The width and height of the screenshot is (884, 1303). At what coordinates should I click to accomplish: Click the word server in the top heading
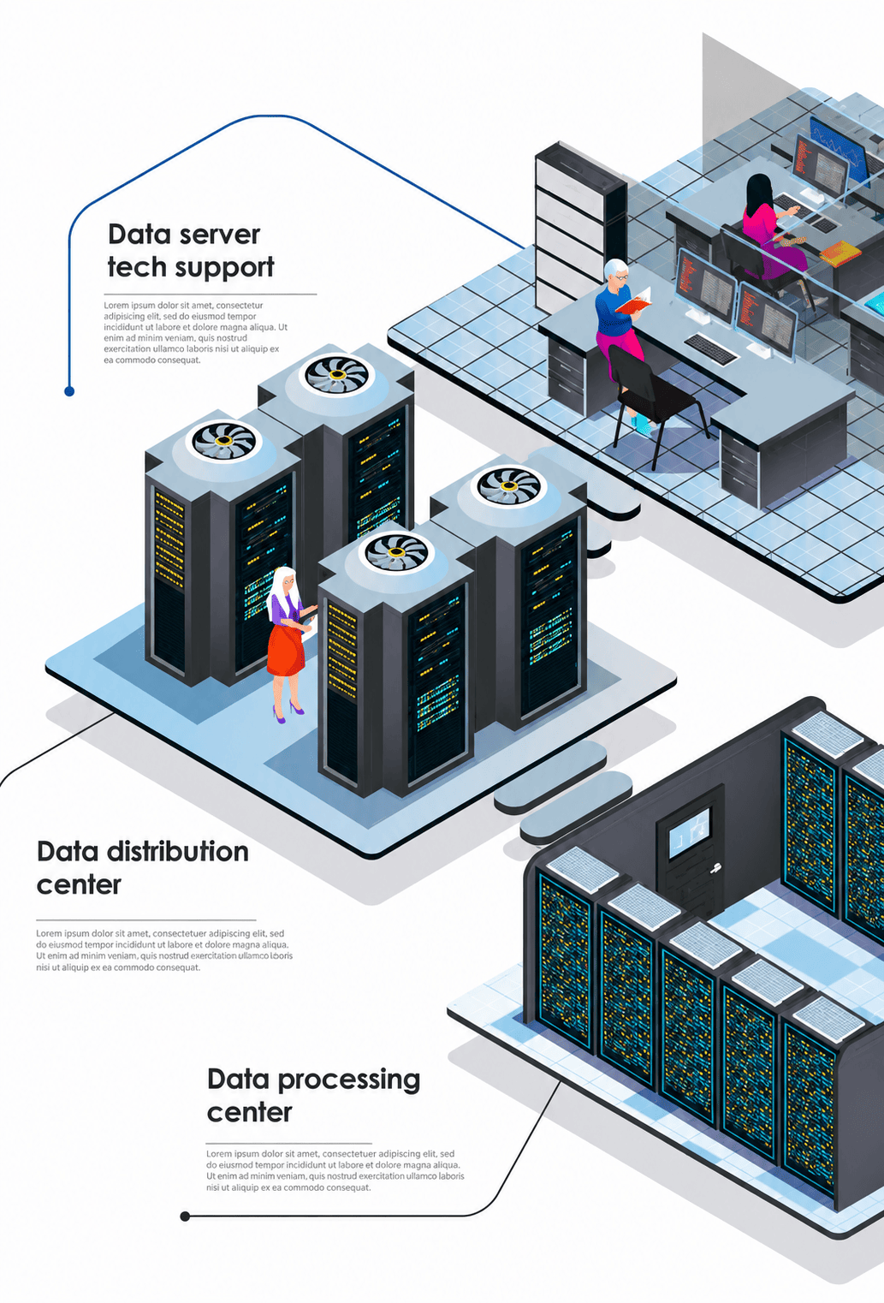(x=219, y=235)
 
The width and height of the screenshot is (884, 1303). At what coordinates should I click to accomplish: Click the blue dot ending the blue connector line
(x=69, y=391)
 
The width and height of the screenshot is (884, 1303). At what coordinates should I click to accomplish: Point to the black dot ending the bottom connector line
(x=185, y=1216)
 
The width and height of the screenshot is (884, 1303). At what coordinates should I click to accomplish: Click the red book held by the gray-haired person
(x=634, y=301)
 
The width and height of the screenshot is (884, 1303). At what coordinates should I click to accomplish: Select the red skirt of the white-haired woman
(x=286, y=651)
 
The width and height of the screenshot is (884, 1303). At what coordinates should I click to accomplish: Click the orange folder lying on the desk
(x=840, y=253)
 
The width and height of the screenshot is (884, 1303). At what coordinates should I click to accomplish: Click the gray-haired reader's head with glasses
(x=616, y=272)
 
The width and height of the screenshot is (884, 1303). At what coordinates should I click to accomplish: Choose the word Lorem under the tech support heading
(x=116, y=306)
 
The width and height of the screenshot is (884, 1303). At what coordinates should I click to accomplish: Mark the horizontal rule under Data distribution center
(x=146, y=919)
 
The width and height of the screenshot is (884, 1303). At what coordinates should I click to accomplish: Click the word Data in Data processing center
(x=238, y=1079)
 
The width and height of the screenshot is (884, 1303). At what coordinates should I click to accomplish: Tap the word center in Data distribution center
(x=79, y=885)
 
